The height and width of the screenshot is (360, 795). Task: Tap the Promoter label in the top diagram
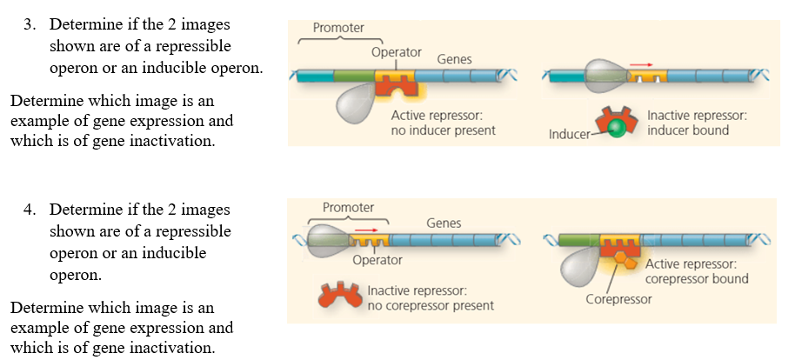coord(338,28)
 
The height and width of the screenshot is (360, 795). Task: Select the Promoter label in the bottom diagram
coord(348,208)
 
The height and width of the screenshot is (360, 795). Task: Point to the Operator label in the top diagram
coord(397,52)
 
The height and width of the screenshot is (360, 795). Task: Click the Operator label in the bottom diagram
coord(377,260)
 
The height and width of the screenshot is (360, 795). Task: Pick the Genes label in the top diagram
coord(454,60)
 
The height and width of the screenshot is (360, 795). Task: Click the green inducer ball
coord(616,129)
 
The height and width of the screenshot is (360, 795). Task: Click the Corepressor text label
coord(618,299)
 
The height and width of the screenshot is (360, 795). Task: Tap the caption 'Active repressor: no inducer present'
coord(443,123)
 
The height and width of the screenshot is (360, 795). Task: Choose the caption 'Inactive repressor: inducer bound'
coord(697,123)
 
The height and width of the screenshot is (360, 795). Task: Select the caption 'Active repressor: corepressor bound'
coord(697,271)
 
